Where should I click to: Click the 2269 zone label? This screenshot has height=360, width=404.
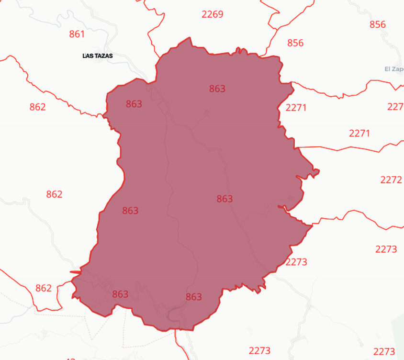212,14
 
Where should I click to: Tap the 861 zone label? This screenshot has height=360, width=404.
77,34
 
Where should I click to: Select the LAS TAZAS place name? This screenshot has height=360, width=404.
97,56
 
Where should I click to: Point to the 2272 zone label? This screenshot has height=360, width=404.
391,180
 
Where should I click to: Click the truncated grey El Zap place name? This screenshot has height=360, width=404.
394,69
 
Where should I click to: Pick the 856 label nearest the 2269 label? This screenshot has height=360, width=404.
295,43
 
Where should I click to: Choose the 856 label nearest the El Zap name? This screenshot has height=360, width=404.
378,24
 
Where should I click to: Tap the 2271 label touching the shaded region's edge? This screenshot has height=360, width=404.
296,108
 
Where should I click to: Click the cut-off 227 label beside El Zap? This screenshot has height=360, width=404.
395,107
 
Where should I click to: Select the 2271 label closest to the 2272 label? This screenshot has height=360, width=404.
359,134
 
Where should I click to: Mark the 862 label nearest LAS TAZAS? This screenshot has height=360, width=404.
37,107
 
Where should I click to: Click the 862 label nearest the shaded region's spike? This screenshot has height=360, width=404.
43,288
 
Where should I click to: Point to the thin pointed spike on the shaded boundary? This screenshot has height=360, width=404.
73,272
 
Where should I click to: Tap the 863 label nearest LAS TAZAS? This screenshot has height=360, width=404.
134,104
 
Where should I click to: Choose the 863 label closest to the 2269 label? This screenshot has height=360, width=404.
217,89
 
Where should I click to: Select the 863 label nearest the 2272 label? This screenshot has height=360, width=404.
224,199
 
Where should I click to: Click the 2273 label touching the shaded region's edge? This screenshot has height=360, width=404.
296,262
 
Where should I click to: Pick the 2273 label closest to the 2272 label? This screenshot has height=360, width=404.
386,249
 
